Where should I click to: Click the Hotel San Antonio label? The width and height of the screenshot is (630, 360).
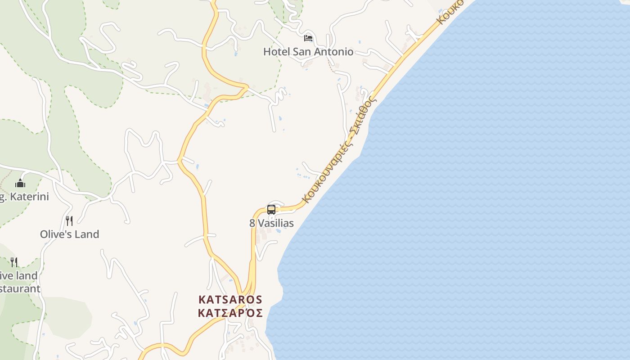tap(308, 52)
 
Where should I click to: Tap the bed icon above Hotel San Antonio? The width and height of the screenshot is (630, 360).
tap(308, 38)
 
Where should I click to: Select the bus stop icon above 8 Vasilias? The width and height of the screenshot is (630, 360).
tap(271, 209)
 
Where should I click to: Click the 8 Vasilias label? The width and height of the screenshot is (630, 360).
tap(272, 223)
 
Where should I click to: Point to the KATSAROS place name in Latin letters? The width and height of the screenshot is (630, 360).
tap(230, 299)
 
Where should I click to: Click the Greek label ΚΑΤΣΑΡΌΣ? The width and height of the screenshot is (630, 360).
tap(230, 313)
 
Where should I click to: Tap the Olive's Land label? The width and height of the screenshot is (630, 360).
tap(69, 234)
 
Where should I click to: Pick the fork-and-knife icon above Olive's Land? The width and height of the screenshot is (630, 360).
tap(69, 220)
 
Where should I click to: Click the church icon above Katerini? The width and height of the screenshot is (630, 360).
tap(20, 184)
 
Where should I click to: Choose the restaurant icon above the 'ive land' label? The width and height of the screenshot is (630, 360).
tap(14, 262)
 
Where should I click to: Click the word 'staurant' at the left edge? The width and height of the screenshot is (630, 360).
tap(20, 289)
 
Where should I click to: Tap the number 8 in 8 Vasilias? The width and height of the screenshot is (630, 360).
tap(252, 223)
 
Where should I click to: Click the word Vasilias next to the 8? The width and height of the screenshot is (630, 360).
tap(276, 223)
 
